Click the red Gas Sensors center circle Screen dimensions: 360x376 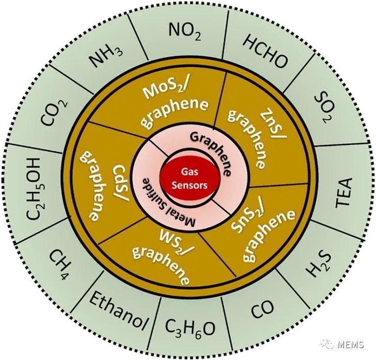click(188, 180)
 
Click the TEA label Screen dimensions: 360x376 click(342, 192)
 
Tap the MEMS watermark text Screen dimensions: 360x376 click(351, 344)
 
